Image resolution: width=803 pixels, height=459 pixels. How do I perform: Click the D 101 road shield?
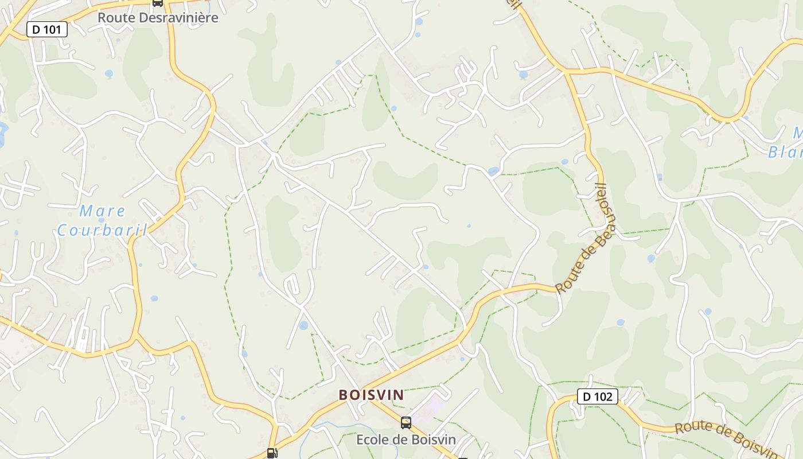coord(47,29)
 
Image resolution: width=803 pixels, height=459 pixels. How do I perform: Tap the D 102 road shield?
coord(597,396)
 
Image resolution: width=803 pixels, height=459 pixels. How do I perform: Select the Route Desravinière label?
coord(158,17)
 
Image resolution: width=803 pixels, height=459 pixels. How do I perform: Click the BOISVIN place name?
coord(371,395)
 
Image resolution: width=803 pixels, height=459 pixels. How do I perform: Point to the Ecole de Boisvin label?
coord(406,439)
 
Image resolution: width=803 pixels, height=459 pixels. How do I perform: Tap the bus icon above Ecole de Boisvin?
coord(406,423)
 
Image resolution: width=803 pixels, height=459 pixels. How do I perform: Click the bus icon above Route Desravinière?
coord(157,2)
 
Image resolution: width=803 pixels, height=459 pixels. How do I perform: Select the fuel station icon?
coord(272,453)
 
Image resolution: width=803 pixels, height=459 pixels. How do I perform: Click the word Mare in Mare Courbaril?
coord(102,211)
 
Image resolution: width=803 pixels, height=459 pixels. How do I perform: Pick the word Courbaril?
coord(102,231)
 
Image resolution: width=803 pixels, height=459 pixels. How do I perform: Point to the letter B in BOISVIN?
coord(343,395)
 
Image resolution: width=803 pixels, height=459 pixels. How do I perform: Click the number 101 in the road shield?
coord(53,29)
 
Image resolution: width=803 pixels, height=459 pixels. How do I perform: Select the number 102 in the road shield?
coord(603,396)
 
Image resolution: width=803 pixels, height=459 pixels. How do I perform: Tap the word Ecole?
coord(373,439)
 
